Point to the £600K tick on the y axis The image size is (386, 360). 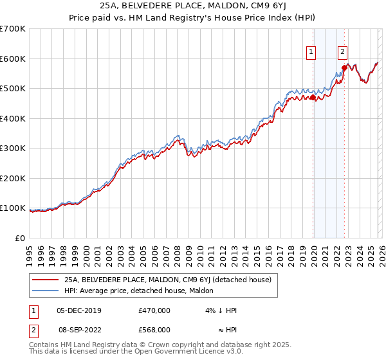(x=13, y=59)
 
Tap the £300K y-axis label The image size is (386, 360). (x=13, y=148)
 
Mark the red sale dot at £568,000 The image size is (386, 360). (x=344, y=67)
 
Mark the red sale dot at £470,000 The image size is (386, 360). (x=313, y=97)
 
